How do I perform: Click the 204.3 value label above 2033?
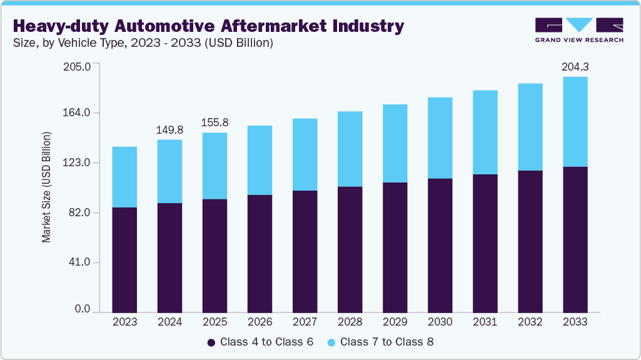coord(575,66)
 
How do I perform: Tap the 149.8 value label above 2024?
coord(169,130)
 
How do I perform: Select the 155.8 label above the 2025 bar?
coord(215,122)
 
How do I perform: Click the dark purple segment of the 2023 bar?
coord(124,259)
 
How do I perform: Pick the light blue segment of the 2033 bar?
coord(575,121)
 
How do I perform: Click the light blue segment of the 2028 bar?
coord(350,149)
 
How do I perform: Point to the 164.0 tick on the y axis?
coord(78,112)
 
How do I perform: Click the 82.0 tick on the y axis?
coord(81,212)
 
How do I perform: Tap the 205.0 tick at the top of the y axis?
coord(78,66)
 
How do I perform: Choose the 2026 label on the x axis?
coord(260,322)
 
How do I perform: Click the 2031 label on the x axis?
coord(485,322)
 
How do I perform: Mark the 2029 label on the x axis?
coord(395,322)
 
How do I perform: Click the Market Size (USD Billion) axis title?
coord(46,187)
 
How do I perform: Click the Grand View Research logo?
coord(579,30)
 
